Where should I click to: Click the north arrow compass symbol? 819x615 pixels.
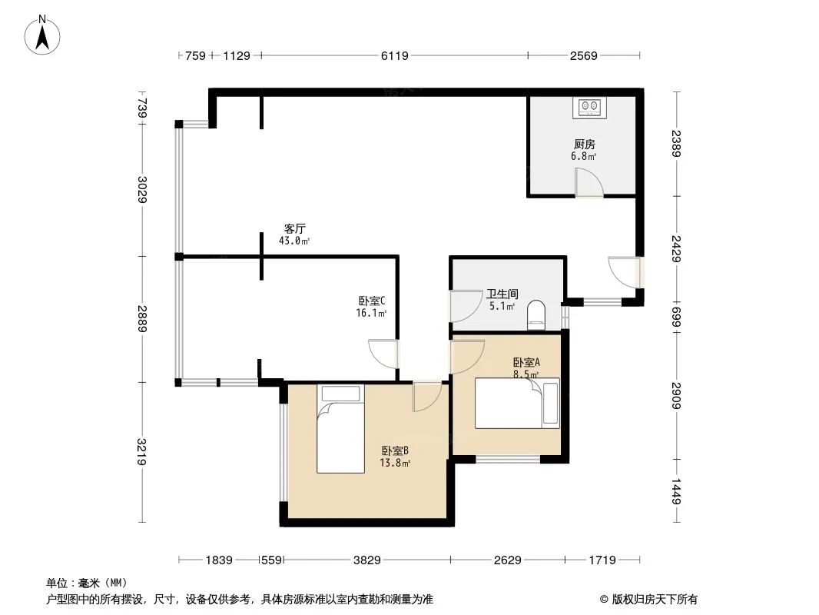[42, 35]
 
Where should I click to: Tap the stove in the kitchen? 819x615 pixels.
[589, 108]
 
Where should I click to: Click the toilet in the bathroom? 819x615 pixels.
[536, 315]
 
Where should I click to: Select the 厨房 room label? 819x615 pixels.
[584, 145]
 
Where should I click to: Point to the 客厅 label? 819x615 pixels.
[294, 229]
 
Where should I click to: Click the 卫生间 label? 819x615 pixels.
[502, 294]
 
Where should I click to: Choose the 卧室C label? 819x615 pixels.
[372, 301]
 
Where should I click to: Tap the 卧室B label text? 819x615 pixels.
[395, 450]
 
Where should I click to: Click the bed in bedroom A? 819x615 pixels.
[517, 403]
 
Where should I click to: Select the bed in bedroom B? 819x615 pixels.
[340, 429]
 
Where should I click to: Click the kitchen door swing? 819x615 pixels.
[589, 182]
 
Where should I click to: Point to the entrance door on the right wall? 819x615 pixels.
[625, 272]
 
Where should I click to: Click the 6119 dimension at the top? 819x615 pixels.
[394, 55]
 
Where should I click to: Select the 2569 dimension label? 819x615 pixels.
[583, 55]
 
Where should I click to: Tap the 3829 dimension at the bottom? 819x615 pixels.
[366, 560]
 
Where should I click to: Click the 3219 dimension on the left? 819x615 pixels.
[142, 451]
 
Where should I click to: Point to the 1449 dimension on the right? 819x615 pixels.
[676, 491]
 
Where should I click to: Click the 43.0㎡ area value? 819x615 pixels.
[294, 241]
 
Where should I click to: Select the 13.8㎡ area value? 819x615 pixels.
[395, 463]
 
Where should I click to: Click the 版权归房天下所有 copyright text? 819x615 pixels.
[655, 600]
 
